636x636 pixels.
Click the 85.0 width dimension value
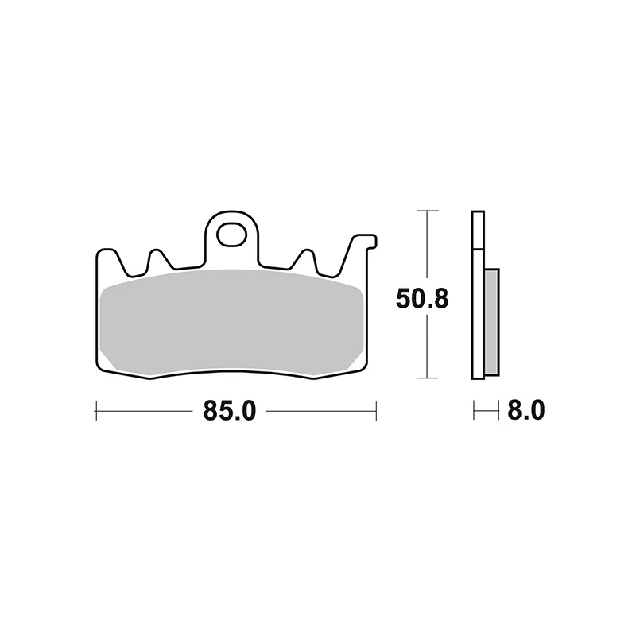(x=230, y=410)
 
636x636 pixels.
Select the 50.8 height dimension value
(x=422, y=299)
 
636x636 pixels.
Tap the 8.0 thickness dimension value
(x=526, y=410)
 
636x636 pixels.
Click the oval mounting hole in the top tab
(x=231, y=235)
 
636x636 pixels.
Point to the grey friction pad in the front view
(x=231, y=322)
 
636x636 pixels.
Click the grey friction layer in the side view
(x=492, y=322)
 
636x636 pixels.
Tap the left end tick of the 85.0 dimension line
(x=96, y=410)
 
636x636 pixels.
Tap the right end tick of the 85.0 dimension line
(x=376, y=410)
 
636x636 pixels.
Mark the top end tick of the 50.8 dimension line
(x=428, y=211)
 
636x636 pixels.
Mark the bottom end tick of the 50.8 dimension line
(x=428, y=378)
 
